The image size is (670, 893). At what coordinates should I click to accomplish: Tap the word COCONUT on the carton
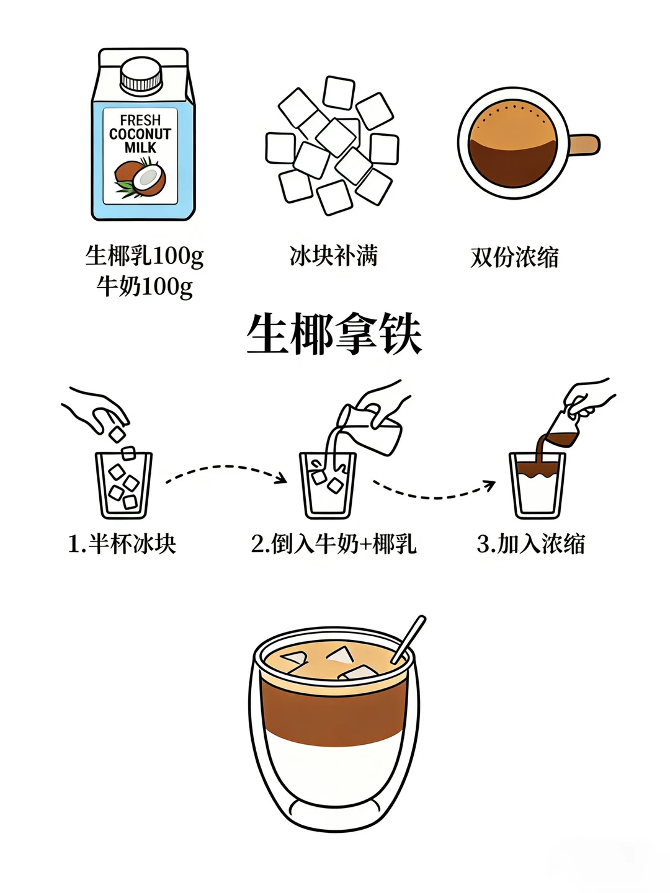click(x=140, y=134)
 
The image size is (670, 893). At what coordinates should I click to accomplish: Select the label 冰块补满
click(x=334, y=256)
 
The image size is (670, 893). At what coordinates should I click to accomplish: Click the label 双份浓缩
click(x=514, y=257)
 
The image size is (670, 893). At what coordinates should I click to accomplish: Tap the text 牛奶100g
click(x=145, y=287)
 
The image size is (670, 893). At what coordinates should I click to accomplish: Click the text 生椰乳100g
click(x=145, y=256)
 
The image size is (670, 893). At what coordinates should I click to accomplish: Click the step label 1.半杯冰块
click(x=122, y=543)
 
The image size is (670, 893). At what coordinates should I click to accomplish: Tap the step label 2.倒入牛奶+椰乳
click(x=334, y=543)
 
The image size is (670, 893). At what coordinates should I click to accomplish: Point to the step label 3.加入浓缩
click(x=530, y=543)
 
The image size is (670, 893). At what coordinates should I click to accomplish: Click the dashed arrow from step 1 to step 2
click(x=225, y=466)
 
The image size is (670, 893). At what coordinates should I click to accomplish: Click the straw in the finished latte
click(x=408, y=639)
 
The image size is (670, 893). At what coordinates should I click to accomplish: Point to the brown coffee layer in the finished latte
click(x=334, y=714)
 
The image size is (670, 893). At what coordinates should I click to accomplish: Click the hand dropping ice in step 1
click(x=96, y=409)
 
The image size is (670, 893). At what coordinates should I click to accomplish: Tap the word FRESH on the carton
click(x=140, y=120)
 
